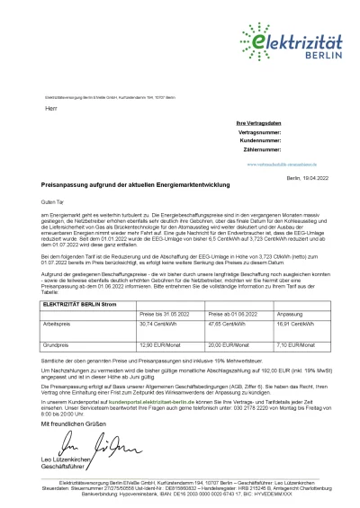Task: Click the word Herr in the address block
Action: [x=49, y=108]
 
